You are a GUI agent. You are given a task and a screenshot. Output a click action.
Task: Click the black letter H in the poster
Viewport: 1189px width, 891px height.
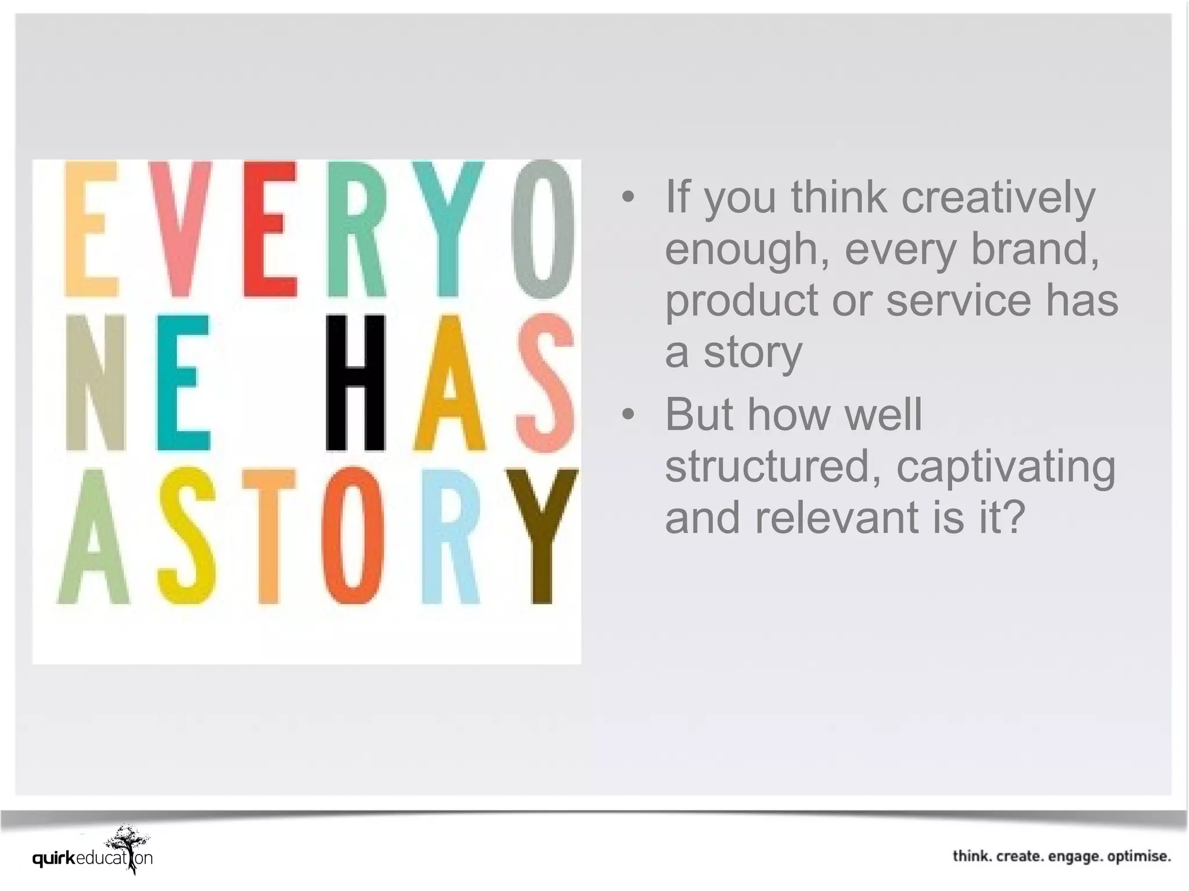(x=355, y=383)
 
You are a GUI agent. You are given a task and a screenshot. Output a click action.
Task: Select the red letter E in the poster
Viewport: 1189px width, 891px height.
(x=270, y=229)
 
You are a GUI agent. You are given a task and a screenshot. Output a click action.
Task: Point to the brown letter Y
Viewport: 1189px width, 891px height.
(x=542, y=537)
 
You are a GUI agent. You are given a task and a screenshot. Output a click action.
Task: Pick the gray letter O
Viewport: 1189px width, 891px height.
(x=543, y=229)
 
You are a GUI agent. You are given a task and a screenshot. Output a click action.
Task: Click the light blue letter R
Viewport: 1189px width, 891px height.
(x=451, y=537)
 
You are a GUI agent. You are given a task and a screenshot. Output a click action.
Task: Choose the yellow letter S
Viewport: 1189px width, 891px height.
(x=186, y=537)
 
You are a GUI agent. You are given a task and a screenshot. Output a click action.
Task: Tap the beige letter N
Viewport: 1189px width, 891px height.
(x=95, y=383)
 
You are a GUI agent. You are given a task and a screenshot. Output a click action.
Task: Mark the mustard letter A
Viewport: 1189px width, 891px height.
(x=449, y=383)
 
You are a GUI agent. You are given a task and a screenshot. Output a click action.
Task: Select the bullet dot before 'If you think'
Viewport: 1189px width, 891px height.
(x=628, y=197)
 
